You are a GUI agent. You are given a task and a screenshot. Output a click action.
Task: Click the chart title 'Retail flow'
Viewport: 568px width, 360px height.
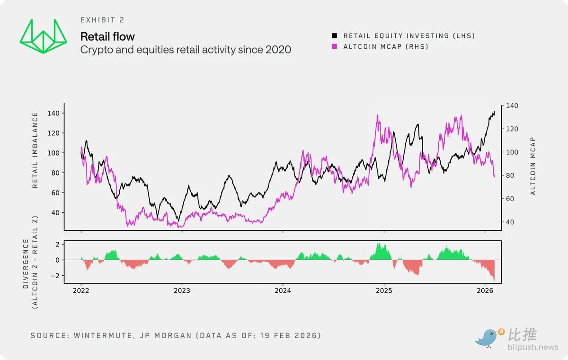[x=107, y=36]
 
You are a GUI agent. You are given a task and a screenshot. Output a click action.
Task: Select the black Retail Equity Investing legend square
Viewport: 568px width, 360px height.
[x=335, y=36]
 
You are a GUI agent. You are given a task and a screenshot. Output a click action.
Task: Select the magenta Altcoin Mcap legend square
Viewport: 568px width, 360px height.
[x=335, y=46]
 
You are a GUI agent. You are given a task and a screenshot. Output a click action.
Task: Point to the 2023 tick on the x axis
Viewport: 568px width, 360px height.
[x=182, y=290]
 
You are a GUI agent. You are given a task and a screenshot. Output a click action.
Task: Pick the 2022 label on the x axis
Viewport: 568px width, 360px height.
[x=81, y=290]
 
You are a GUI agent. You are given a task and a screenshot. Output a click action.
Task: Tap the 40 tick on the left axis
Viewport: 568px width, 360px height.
[x=54, y=212]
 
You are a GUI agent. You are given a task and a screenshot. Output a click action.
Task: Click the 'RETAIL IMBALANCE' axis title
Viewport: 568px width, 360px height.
[x=35, y=150]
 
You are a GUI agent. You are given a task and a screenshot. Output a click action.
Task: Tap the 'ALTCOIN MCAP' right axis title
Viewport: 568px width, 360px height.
[x=533, y=166]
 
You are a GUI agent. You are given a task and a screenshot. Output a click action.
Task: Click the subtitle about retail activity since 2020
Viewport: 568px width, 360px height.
[x=186, y=50]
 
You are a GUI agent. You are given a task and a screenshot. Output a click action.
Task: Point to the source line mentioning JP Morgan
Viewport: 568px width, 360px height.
[x=176, y=335]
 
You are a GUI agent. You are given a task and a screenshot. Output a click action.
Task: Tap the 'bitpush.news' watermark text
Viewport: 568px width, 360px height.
[x=533, y=348]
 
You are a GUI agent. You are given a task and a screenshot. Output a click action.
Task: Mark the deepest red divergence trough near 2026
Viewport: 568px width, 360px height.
[x=494, y=280]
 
